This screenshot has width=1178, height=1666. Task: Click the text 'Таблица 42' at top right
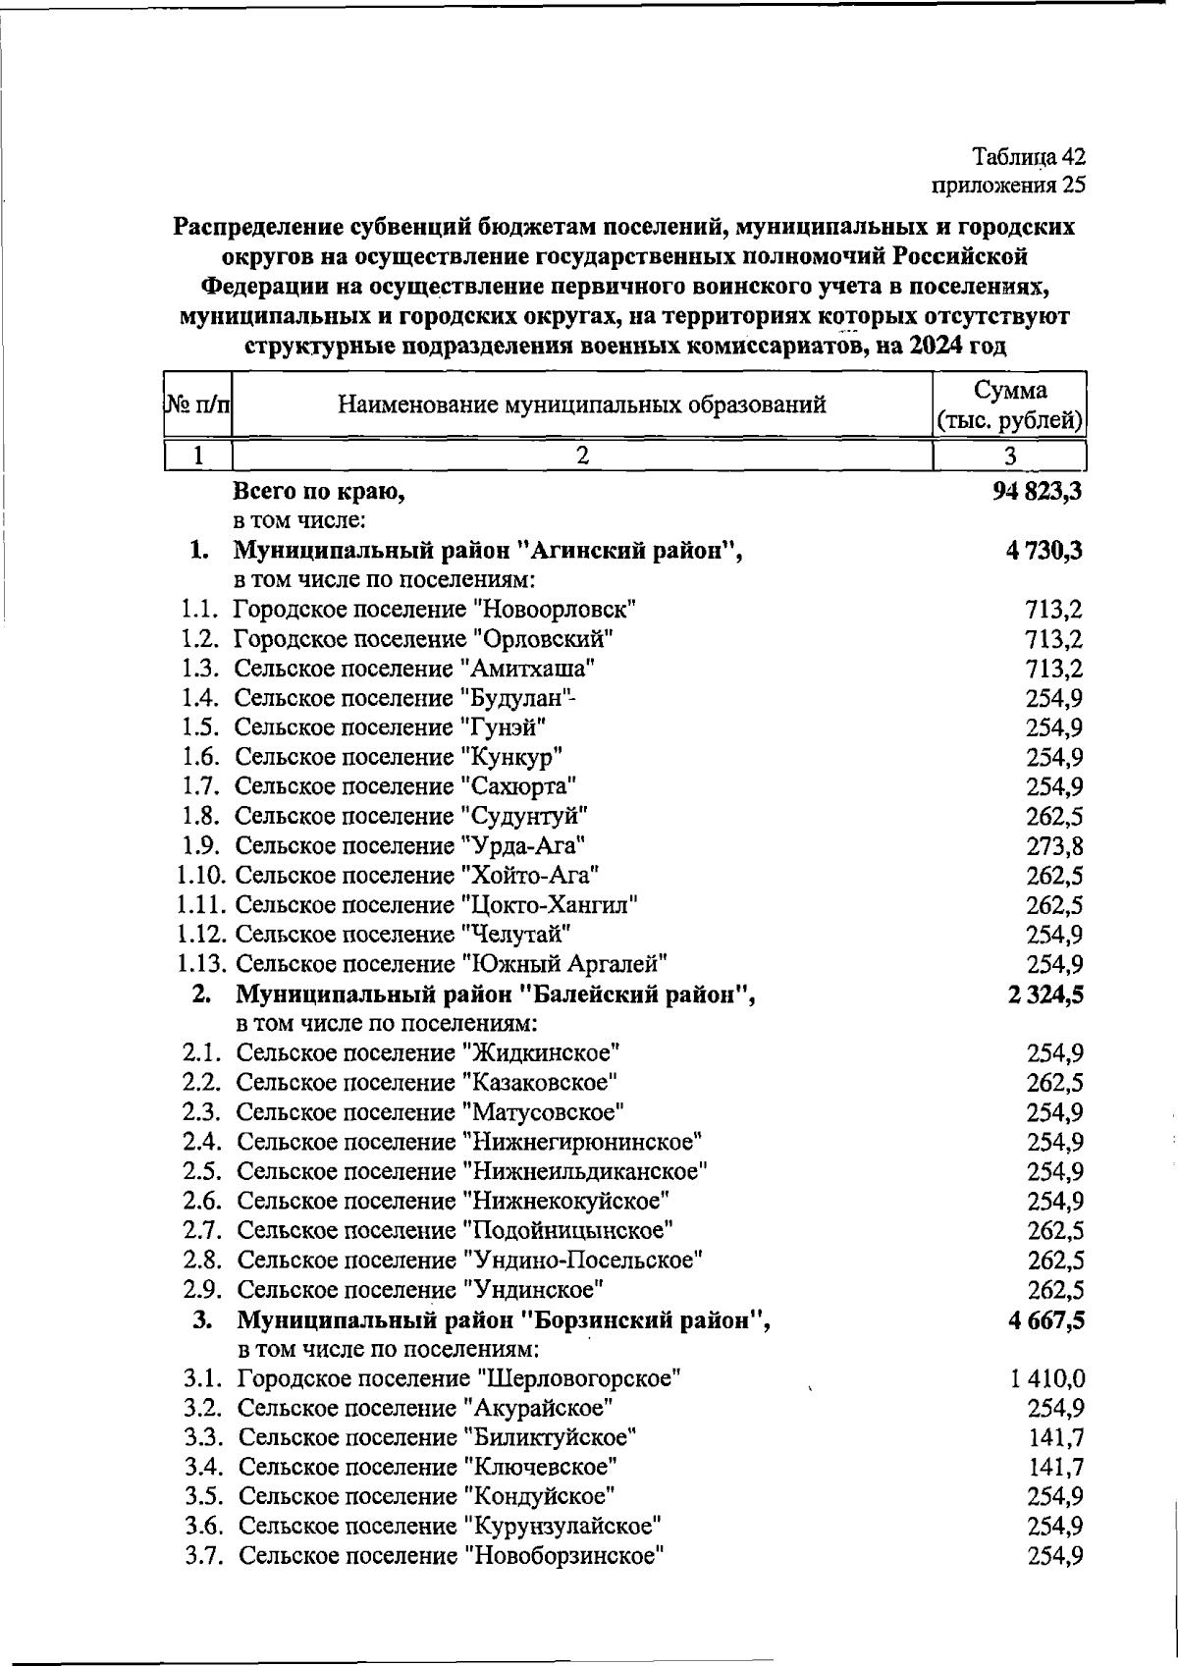pos(1028,156)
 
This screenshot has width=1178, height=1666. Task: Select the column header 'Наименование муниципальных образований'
pos(581,405)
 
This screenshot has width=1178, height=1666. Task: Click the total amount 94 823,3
pos(1037,491)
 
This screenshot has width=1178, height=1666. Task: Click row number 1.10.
pos(203,876)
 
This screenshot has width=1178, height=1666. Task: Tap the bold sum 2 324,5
pos(1045,994)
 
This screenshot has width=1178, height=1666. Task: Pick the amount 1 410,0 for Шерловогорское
pos(1046,1379)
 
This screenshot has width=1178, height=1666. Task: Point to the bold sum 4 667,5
pos(1045,1320)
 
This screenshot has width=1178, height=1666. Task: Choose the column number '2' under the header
pos(581,456)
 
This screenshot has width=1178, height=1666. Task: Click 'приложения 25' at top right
pos(1007,184)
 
